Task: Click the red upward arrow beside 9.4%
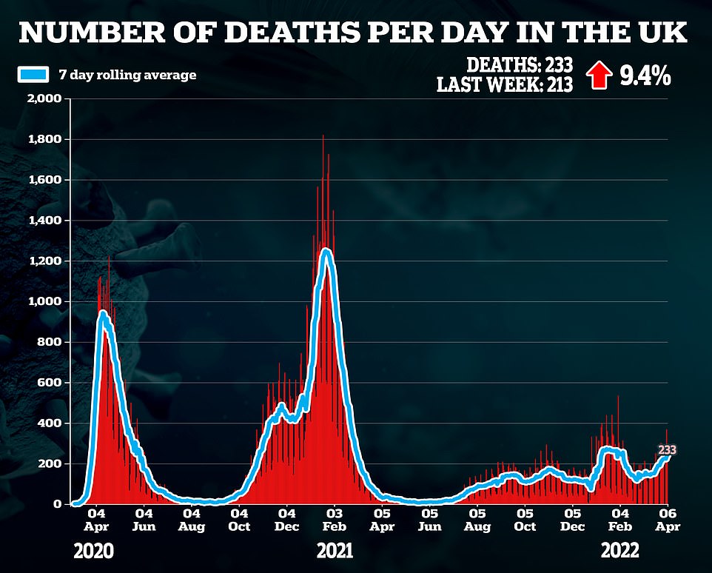click(x=599, y=76)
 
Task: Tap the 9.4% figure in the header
click(x=645, y=76)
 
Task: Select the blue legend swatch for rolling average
click(x=33, y=74)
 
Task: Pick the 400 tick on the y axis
click(x=54, y=423)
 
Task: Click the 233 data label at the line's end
click(x=667, y=450)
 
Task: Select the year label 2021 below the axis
click(x=335, y=552)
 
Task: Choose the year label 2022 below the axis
click(x=620, y=552)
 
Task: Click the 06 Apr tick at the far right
click(x=668, y=519)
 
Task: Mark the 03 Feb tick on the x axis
click(x=335, y=519)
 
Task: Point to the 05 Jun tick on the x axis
click(x=429, y=519)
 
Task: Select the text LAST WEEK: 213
click(x=504, y=85)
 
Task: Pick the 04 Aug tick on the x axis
click(x=191, y=519)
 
